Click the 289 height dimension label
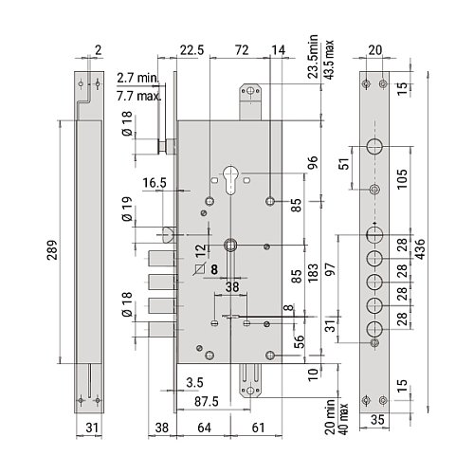[x=52, y=250]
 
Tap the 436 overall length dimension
[x=420, y=249]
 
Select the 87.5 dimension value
[x=207, y=402]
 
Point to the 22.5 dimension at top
[x=191, y=50]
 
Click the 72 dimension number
[x=242, y=50]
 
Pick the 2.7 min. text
[x=137, y=78]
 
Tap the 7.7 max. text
[x=138, y=96]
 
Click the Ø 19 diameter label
[x=127, y=209]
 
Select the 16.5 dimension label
[x=155, y=183]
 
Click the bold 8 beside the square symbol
[x=214, y=269]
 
